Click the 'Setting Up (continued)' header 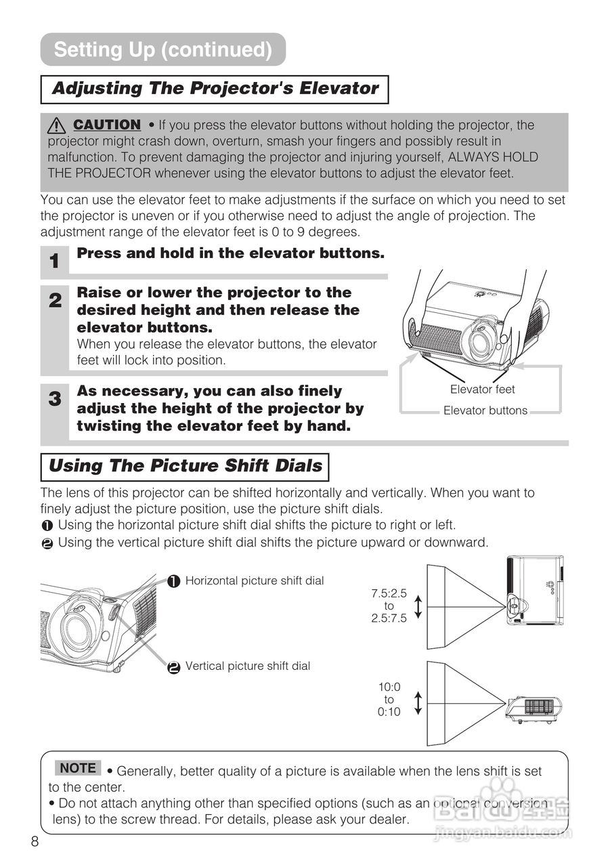click(162, 49)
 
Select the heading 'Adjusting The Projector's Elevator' click(215, 89)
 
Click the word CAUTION click(107, 125)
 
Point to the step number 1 click(54, 261)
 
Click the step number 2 click(54, 301)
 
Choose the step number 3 click(54, 399)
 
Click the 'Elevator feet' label click(482, 389)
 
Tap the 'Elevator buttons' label click(485, 410)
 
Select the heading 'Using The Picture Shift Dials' click(185, 467)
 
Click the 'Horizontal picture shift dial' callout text click(254, 580)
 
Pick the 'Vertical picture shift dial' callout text click(247, 667)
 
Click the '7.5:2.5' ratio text click(389, 593)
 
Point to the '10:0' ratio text click(389, 687)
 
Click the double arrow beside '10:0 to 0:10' click(418, 702)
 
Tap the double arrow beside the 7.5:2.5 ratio click(418, 606)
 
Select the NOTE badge click(78, 768)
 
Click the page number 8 click(35, 841)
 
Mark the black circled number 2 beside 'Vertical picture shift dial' click(173, 667)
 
